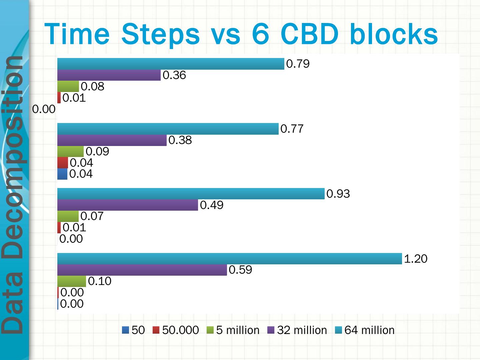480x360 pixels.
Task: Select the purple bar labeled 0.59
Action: coord(142,270)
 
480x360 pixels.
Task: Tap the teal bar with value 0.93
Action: coord(191,194)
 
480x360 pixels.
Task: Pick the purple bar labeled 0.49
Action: coord(128,205)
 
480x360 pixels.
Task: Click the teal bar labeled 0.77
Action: coord(168,129)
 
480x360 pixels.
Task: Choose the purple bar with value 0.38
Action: coord(112,140)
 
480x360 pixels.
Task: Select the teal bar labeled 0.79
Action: coord(171,64)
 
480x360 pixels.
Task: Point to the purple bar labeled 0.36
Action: coord(109,75)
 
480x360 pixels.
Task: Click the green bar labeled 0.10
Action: coord(72,281)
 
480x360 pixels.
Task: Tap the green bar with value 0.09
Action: coord(70,152)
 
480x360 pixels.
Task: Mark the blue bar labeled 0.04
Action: coord(62,174)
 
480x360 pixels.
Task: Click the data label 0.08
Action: coord(93,87)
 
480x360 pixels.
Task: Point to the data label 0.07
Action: coord(92,216)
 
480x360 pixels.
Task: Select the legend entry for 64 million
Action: coord(365,330)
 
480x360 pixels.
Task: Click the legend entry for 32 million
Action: coord(298,330)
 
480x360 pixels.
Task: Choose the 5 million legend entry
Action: coord(233,330)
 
